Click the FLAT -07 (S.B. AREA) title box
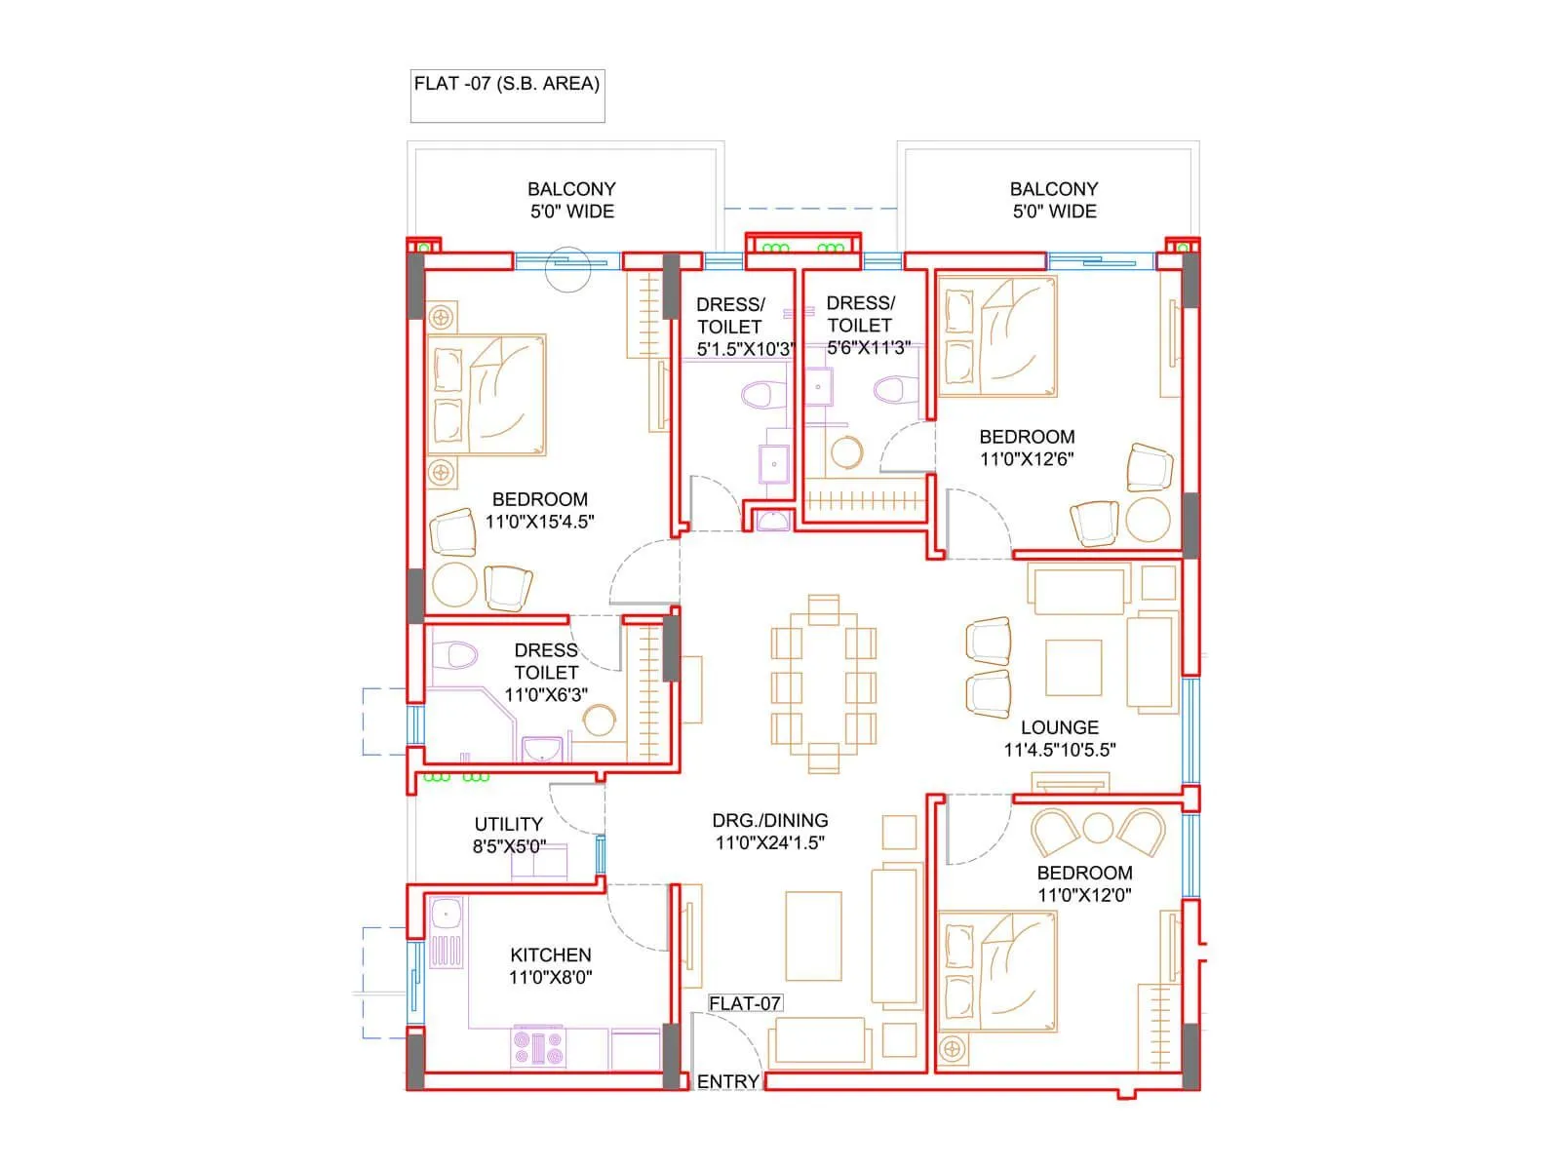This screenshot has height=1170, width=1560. click(507, 95)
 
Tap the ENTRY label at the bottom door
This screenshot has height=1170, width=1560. click(727, 1081)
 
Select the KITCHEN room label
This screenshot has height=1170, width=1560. click(550, 955)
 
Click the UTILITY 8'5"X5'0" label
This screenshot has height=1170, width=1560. click(508, 836)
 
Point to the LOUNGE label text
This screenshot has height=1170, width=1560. click(1059, 727)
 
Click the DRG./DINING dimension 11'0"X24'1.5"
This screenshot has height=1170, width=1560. click(770, 842)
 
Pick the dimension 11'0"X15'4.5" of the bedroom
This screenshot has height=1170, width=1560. click(539, 522)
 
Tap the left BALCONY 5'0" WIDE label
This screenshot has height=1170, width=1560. click(571, 200)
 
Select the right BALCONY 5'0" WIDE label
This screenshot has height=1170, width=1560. click(1053, 200)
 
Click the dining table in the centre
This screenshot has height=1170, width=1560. click(823, 683)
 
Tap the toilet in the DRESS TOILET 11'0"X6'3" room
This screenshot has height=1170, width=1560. click(452, 655)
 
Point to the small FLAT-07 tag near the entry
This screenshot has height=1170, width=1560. click(745, 1003)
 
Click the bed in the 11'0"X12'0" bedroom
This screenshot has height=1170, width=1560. click(996, 970)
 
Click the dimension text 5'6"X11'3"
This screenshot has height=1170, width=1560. click(868, 348)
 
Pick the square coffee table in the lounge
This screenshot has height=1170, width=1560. click(1073, 667)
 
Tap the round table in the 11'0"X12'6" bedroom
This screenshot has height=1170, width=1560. click(1148, 521)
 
